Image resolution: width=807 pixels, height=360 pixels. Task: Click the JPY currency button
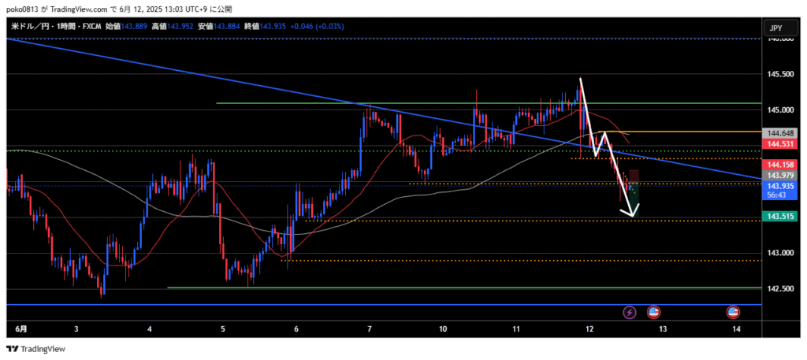pos(775,28)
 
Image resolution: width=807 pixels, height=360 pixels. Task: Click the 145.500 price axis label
pos(783,74)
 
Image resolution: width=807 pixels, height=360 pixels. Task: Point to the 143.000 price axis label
pos(783,253)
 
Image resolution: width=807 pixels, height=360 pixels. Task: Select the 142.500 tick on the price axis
pos(783,289)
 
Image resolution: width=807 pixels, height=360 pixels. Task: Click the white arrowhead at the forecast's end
pos(631,211)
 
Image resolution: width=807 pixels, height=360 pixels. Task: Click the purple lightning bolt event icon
pos(630,313)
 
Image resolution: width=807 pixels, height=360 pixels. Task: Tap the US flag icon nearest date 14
pos(733,313)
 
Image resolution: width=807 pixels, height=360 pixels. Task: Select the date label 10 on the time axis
pos(444,328)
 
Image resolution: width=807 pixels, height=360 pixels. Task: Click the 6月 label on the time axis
pos(21,328)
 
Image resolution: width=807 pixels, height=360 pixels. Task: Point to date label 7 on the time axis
pos(370,328)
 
